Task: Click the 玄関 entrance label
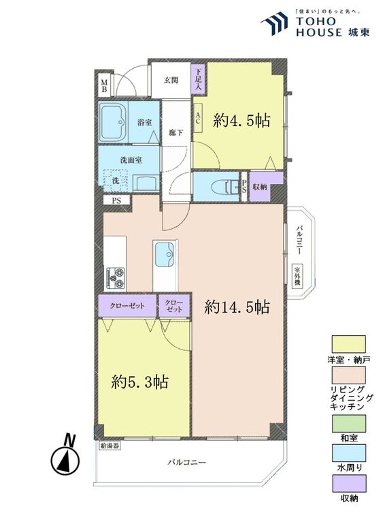(171, 80)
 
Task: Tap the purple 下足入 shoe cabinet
(199, 79)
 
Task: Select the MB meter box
(104, 86)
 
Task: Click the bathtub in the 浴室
(113, 123)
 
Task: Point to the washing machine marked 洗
(116, 181)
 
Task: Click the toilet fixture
(225, 187)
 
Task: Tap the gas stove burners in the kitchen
(115, 278)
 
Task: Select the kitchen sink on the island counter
(165, 255)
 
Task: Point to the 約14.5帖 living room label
(237, 307)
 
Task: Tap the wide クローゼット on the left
(128, 306)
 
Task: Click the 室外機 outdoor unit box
(297, 276)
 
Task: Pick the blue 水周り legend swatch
(348, 453)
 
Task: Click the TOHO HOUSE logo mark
(274, 23)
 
